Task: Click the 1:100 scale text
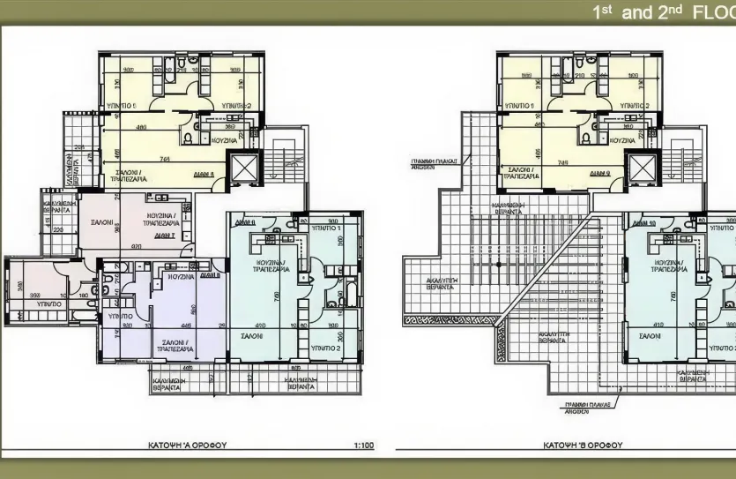click(362, 445)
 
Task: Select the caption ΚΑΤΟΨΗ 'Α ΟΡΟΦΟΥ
click(187, 445)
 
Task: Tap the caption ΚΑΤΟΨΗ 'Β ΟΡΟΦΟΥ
click(583, 445)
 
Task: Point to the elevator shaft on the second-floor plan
click(640, 168)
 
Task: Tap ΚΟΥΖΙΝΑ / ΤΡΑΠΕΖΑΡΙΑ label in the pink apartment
click(160, 220)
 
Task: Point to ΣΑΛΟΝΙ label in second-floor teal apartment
click(651, 336)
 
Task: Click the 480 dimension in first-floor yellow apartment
click(141, 127)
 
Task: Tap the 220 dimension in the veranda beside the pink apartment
click(58, 230)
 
